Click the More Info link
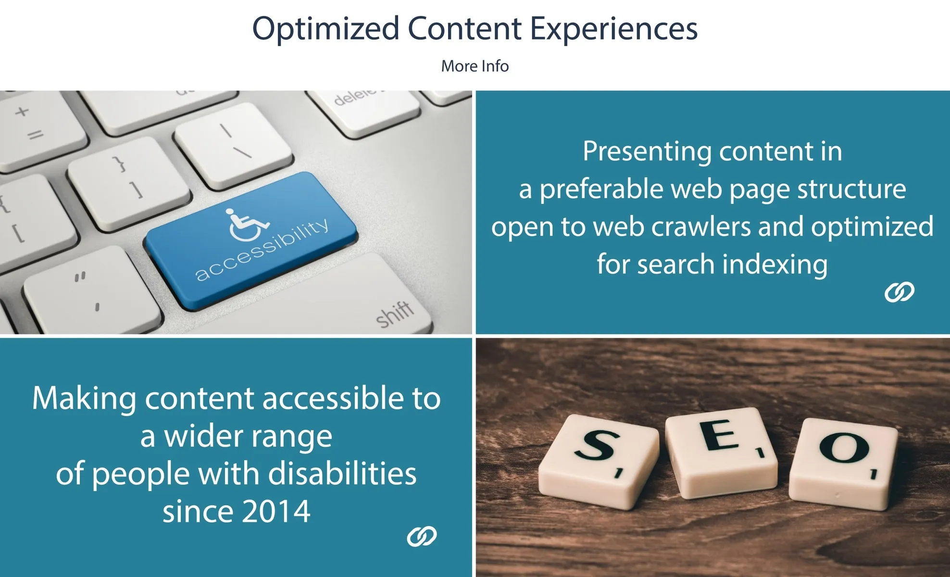(x=475, y=66)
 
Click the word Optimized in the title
(x=325, y=28)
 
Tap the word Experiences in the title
(x=613, y=28)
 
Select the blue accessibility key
(x=251, y=239)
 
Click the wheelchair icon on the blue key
(x=246, y=224)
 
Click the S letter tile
(x=599, y=461)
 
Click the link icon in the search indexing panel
(x=900, y=292)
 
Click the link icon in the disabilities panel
(x=422, y=536)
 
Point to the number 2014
(x=276, y=511)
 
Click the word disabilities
(x=342, y=474)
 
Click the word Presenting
(x=647, y=152)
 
